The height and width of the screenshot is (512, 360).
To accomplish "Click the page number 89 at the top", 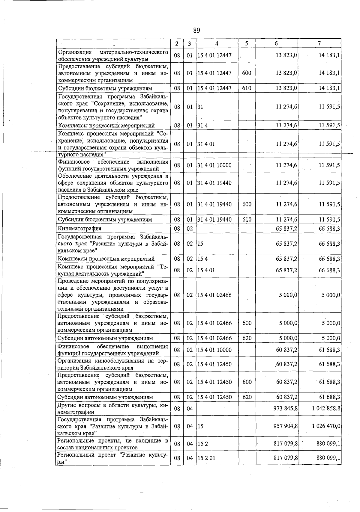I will [196, 30].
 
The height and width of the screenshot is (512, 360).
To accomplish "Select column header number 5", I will [246, 43].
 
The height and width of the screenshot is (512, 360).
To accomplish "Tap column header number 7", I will [319, 43].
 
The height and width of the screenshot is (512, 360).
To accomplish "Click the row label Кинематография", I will [79, 228].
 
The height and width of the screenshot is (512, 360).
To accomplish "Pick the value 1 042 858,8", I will [326, 408].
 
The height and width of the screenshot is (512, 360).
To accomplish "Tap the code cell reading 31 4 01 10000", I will [214, 165].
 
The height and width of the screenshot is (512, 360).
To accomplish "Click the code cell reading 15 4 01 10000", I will [214, 350].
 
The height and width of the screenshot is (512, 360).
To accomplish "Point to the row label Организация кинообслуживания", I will [112, 364].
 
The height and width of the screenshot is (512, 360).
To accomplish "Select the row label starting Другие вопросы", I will [112, 409].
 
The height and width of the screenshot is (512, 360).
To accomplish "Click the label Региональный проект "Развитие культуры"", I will [112, 458].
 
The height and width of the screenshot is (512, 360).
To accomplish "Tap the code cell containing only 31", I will [200, 107].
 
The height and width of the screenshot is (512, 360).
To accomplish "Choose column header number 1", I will [114, 43].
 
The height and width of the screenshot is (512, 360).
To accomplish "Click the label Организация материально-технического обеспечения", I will [112, 55].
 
